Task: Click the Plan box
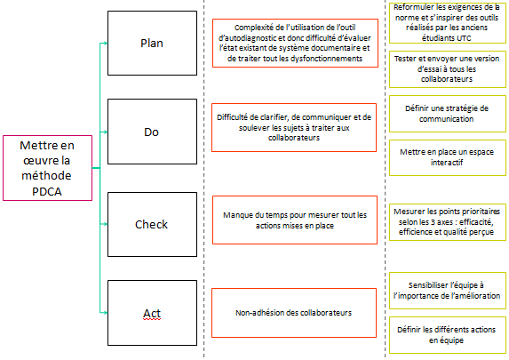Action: point(150,44)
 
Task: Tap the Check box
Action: point(150,224)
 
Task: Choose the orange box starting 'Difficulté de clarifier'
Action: point(295,128)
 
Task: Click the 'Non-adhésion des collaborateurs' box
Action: point(295,313)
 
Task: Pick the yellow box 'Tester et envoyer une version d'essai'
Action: point(448,68)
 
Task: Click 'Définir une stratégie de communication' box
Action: point(448,113)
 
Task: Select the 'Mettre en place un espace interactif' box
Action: point(448,157)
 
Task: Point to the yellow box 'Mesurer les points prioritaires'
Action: point(448,218)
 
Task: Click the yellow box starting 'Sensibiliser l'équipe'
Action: point(448,291)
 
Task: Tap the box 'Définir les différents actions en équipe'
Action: point(448,334)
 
